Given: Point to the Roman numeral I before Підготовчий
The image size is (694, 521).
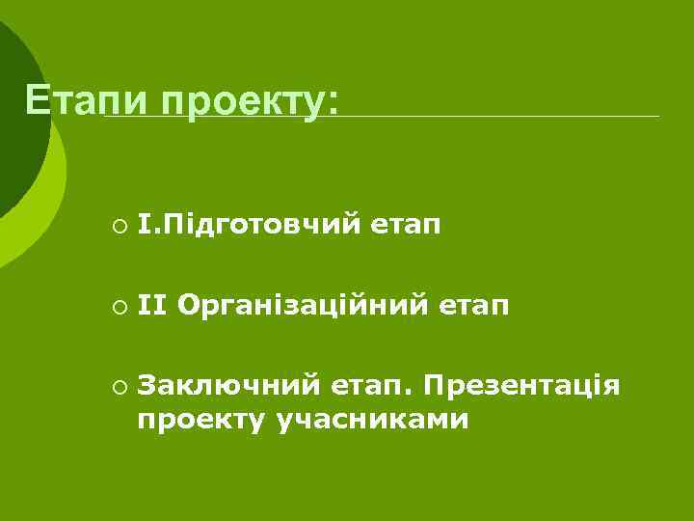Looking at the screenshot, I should point(143,226).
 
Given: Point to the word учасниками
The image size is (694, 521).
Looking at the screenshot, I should point(372,420).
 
